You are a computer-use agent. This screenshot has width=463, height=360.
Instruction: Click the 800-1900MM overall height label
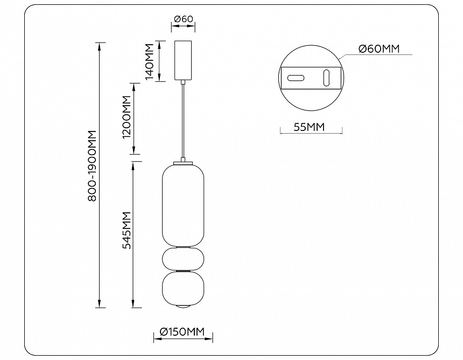pyautogui.click(x=92, y=166)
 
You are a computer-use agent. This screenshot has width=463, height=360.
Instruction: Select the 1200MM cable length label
pyautogui.click(x=127, y=117)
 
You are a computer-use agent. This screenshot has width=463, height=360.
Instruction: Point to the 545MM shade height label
pyautogui.click(x=127, y=231)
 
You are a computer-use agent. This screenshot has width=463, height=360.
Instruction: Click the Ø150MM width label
pyautogui.click(x=183, y=332)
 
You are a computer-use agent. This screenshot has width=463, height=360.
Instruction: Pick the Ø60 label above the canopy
pyautogui.click(x=183, y=19)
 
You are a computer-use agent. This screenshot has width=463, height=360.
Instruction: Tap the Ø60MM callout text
pyautogui.click(x=379, y=49)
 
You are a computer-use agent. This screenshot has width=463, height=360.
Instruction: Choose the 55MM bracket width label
pyautogui.click(x=310, y=127)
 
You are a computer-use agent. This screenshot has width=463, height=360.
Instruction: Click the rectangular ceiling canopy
pyautogui.click(x=183, y=59)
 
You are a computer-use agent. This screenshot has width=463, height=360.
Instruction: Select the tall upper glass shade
pyautogui.click(x=183, y=205)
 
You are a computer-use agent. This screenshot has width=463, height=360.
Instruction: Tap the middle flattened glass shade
pyautogui.click(x=183, y=259)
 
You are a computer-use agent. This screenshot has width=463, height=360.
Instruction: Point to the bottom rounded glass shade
pyautogui.click(x=183, y=288)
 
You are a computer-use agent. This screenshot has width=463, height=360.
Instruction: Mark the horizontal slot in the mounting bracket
pyautogui.click(x=296, y=78)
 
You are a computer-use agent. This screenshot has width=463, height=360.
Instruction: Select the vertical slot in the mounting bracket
pyautogui.click(x=326, y=77)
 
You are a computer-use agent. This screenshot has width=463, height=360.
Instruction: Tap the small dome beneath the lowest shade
pyautogui.click(x=183, y=307)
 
